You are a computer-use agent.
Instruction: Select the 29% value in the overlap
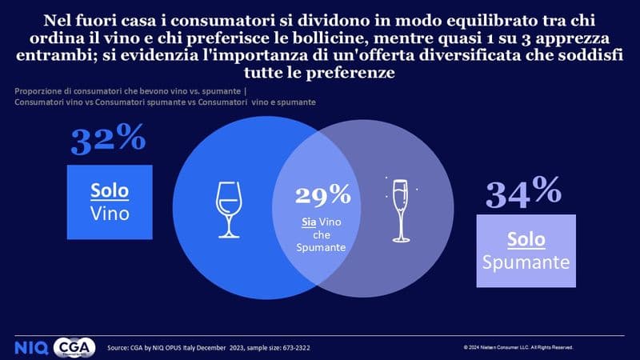click(x=322, y=194)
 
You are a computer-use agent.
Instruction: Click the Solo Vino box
click(x=110, y=203)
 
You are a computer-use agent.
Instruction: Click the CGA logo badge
click(x=75, y=347)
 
